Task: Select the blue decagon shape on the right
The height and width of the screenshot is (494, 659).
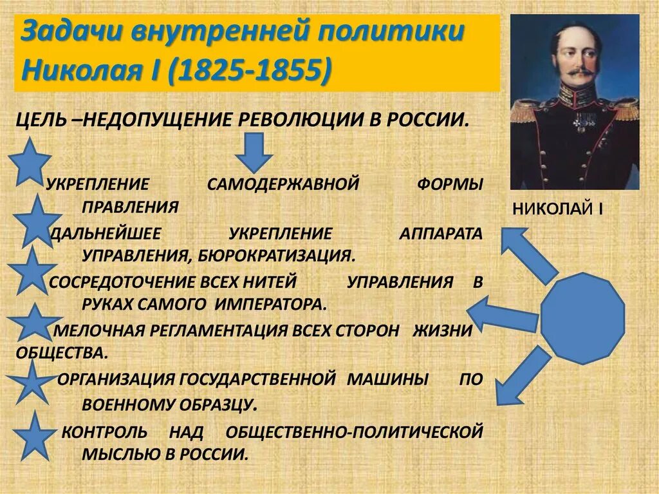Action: click(582, 317)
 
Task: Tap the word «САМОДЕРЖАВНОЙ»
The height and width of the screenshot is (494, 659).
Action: click(283, 184)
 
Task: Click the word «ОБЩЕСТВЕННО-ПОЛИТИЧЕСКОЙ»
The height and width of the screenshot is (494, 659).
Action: click(353, 432)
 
